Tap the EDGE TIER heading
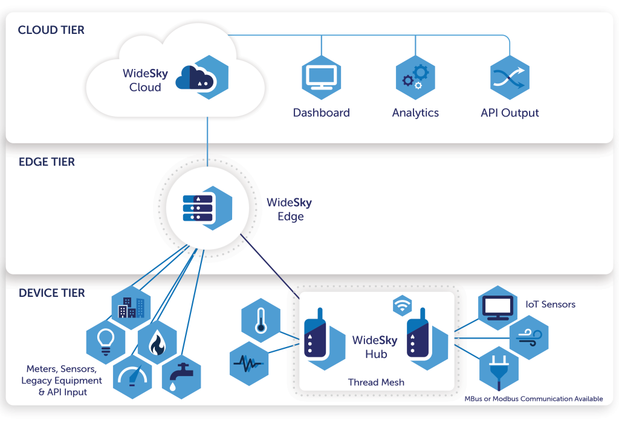[x=47, y=162]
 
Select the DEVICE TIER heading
[x=52, y=293]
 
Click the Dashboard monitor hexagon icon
[x=321, y=77]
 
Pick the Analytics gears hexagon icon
[x=415, y=77]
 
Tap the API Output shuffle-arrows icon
[x=509, y=77]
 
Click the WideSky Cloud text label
[x=145, y=80]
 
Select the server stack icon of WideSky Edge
[x=198, y=208]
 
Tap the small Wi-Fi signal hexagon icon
[x=402, y=306]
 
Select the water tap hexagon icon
[x=181, y=377]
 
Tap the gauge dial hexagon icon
[x=131, y=378]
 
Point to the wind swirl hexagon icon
[x=528, y=338]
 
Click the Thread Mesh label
[x=376, y=382]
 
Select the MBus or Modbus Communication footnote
[x=533, y=398]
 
